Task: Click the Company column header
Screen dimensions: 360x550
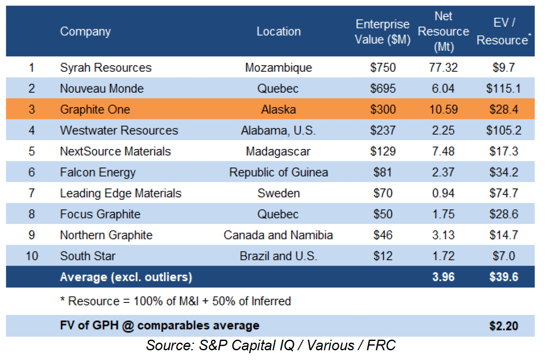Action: [85, 31]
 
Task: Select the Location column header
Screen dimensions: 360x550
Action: [278, 31]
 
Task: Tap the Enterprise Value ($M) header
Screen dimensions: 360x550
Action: [383, 32]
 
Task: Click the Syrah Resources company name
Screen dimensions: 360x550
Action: [106, 67]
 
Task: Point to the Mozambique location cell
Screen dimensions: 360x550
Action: [278, 67]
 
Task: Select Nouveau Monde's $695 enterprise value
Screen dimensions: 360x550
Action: [383, 89]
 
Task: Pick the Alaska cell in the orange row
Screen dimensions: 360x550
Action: [278, 109]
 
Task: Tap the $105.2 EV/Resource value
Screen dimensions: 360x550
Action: [503, 130]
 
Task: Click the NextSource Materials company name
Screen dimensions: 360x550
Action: [115, 151]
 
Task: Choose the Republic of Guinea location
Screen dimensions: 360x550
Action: [278, 172]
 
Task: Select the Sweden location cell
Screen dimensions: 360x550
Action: [278, 193]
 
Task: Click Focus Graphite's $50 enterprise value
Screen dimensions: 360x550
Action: [383, 214]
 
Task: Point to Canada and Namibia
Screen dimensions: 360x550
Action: [278, 235]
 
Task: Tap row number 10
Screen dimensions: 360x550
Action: [32, 256]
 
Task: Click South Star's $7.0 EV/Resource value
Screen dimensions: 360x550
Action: [503, 256]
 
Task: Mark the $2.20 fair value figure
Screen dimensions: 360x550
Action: [503, 326]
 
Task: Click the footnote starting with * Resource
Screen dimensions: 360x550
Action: [175, 301]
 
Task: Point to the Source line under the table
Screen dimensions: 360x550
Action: [271, 346]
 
